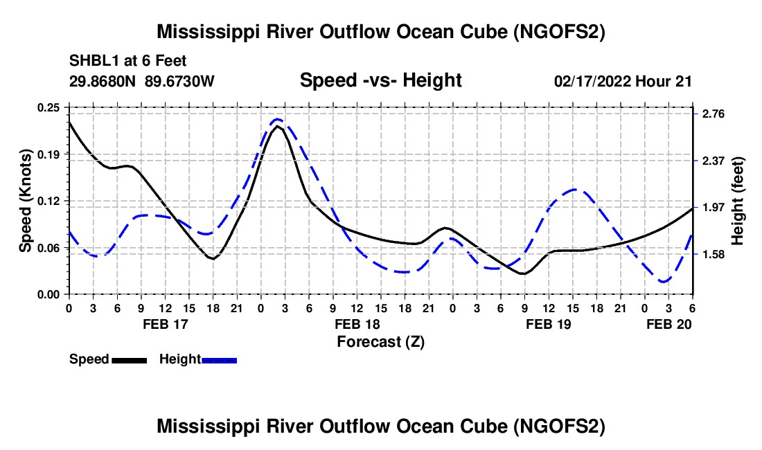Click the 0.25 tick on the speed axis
50,107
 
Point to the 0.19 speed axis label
50,154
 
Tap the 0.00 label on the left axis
50,295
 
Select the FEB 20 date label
670,324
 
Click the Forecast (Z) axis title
380,341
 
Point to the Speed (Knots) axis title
26,201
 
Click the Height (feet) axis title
737,201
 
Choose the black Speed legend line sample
129,360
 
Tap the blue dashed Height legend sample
220,360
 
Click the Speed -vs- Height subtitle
380,80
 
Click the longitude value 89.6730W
180,81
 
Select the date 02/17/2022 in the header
592,81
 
